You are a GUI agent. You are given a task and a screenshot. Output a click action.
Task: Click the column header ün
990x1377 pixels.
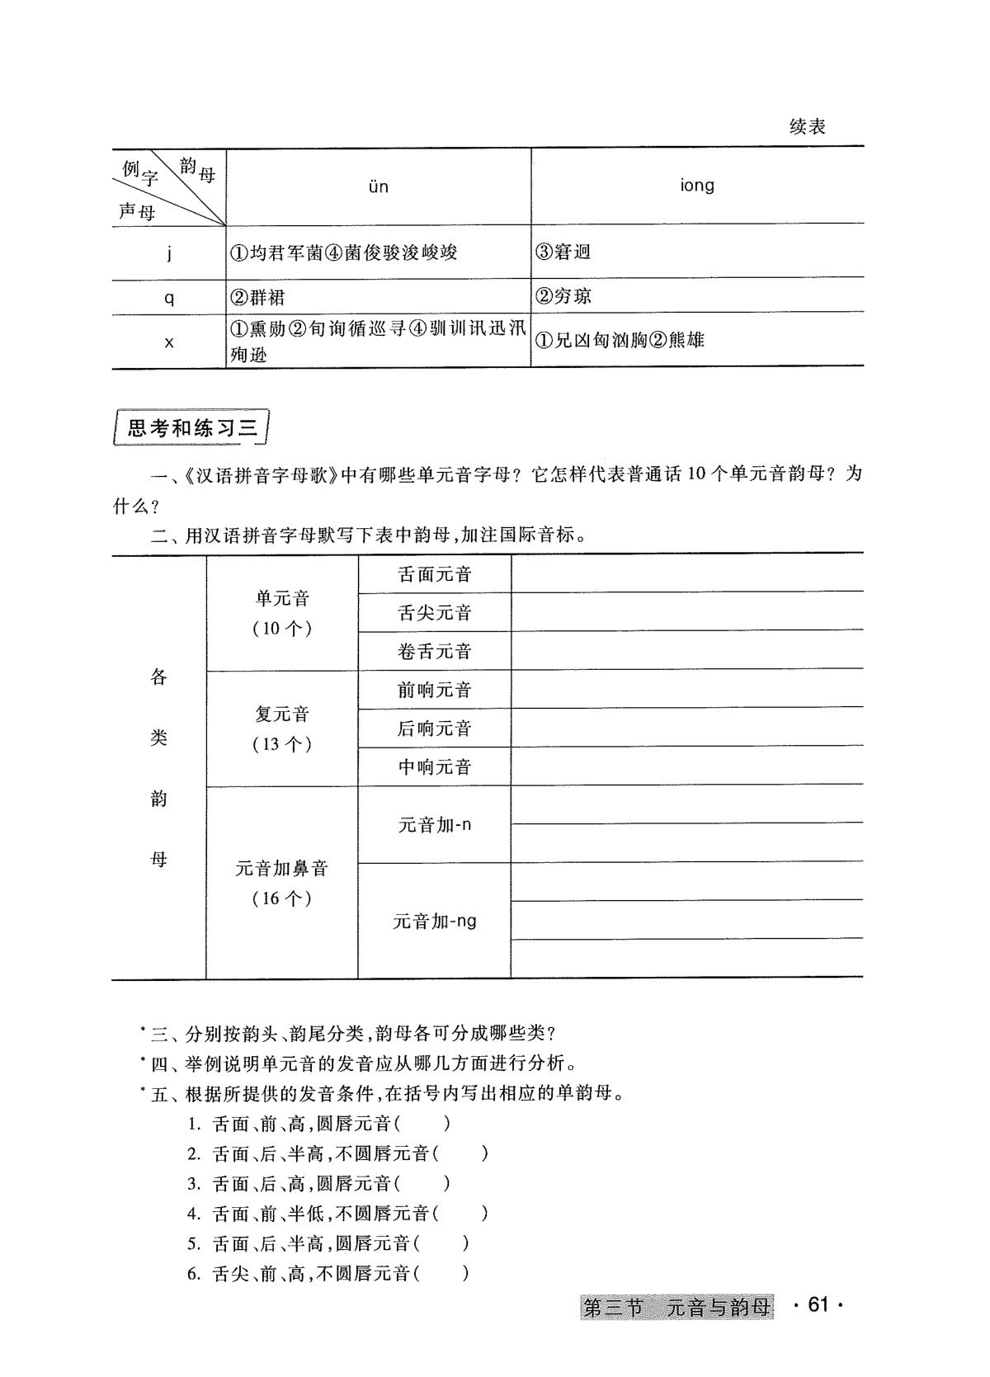pos(378,187)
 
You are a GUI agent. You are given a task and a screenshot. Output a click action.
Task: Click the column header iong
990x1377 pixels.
pos(697,186)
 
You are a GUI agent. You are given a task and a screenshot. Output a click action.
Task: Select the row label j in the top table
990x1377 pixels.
pos(169,253)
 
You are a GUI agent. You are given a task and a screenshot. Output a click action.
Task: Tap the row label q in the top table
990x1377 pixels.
pos(169,298)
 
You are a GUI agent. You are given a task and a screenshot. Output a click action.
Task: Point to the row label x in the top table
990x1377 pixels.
pos(169,342)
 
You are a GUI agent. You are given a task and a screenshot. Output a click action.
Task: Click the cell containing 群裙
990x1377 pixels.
pos(258,297)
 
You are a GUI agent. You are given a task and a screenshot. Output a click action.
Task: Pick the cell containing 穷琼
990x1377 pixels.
pos(563,295)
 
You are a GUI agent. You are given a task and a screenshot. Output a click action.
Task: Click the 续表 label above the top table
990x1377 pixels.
pos(807,126)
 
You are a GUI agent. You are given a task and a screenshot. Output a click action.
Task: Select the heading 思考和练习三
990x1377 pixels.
pos(191,428)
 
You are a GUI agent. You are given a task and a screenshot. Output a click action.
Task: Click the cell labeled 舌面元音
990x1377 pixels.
pos(435,574)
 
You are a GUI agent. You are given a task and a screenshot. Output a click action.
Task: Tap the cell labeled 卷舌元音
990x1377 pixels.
pos(435,652)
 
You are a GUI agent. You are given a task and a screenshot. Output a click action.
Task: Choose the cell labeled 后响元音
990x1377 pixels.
pos(435,729)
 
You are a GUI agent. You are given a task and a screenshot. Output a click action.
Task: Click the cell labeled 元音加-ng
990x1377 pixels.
pos(435,921)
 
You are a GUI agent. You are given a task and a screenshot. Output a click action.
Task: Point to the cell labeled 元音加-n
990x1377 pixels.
pos(435,824)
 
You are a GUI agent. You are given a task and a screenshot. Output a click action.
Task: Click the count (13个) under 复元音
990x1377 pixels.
pos(282,744)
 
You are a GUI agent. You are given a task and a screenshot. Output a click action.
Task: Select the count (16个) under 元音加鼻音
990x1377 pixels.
pos(282,898)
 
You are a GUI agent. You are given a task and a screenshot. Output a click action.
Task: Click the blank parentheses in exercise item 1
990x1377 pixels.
pos(423,1123)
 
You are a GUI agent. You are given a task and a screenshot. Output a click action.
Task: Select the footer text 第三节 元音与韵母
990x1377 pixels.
pos(676,1307)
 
